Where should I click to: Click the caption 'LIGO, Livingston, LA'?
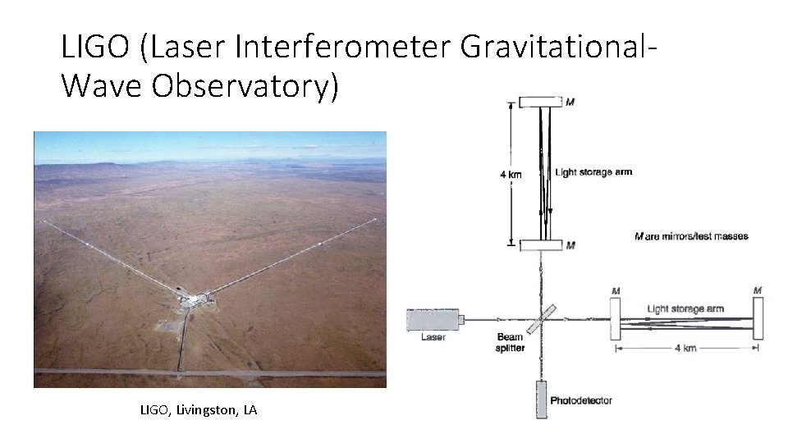coord(198,409)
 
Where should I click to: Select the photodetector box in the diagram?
coord(542,399)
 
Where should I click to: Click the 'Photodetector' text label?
coord(581,400)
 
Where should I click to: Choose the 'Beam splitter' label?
coord(510,343)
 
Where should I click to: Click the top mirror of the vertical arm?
coord(541,102)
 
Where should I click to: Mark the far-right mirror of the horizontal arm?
coord(758,318)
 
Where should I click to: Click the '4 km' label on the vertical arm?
coord(510,173)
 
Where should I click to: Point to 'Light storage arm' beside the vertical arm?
coord(593,172)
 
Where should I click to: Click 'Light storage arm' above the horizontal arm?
coord(685,308)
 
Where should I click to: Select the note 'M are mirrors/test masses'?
coord(691,236)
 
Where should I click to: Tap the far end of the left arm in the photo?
coord(43,221)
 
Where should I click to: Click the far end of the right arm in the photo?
coord(375,219)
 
